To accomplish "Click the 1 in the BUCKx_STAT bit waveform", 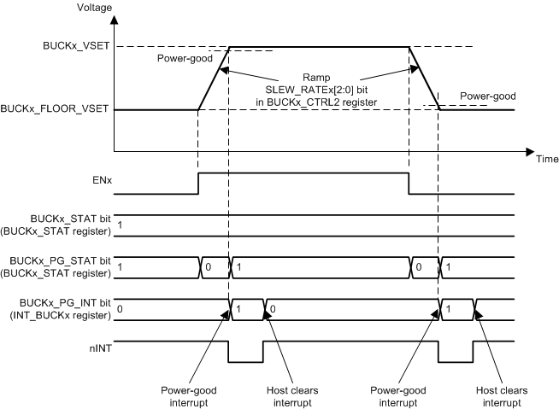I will [119, 225].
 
